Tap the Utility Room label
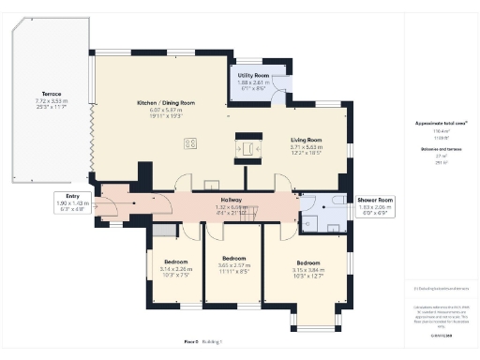click(x=253, y=74)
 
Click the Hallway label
click(x=231, y=200)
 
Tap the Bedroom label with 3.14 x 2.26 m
click(x=175, y=261)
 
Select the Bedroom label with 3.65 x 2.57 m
click(x=232, y=258)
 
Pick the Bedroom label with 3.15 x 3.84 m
click(x=307, y=262)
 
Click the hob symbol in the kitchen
click(x=191, y=143)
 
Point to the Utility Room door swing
click(x=278, y=92)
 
